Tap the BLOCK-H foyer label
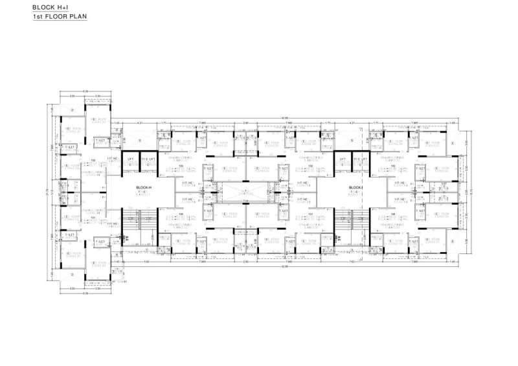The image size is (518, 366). [x=143, y=189]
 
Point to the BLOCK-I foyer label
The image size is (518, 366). [x=341, y=189]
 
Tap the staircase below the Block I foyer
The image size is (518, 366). [x=343, y=218]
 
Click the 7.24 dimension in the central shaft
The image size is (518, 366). [x=245, y=202]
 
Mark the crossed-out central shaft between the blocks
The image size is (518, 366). [x=245, y=192]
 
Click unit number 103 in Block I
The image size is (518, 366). [x=393, y=166]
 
